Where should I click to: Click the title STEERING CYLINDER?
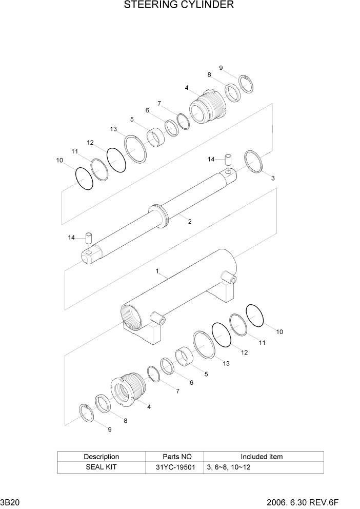coord(179,6)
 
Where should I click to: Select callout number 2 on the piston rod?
coord(190,222)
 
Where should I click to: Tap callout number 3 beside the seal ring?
coord(273,178)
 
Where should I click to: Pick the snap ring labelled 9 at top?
coord(247,84)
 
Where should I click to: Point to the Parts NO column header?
coord(175,456)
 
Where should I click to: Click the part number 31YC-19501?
coord(175,467)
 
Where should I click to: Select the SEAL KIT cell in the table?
coord(101,467)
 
